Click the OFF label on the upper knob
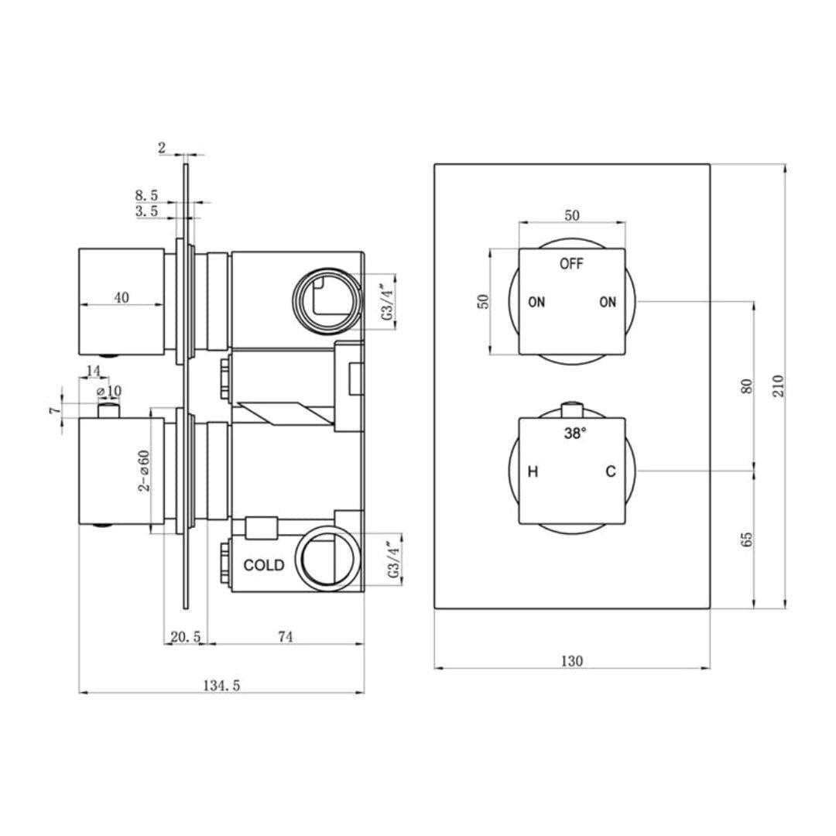(x=571, y=264)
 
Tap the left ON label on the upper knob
(x=536, y=303)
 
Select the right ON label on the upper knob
(x=608, y=303)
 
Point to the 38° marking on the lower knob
(x=574, y=434)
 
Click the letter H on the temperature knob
(x=533, y=471)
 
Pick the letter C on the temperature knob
(x=611, y=471)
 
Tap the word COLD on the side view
(x=264, y=565)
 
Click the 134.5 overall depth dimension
(x=221, y=685)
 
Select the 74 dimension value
(x=286, y=636)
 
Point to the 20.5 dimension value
(x=186, y=636)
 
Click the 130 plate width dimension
(x=571, y=661)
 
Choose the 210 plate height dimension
(x=778, y=385)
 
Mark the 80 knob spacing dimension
(x=747, y=385)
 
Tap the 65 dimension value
(x=747, y=540)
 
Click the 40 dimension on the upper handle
(x=122, y=297)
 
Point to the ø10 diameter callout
(x=109, y=391)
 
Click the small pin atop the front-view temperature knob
(x=571, y=409)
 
